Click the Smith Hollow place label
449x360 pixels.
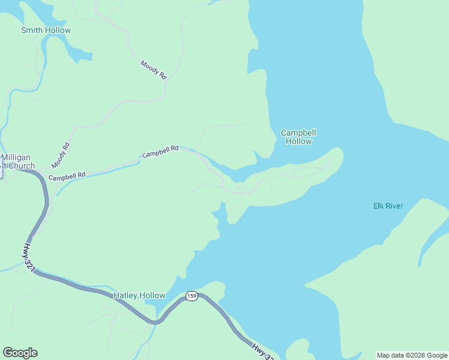pyautogui.click(x=46, y=30)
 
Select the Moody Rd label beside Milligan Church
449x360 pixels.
pyautogui.click(x=61, y=155)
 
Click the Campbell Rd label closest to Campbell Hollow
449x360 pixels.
pyautogui.click(x=160, y=151)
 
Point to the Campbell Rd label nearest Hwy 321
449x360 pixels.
pyautogui.click(x=67, y=176)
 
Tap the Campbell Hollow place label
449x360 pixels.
pyautogui.click(x=298, y=137)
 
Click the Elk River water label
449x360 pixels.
pyautogui.click(x=387, y=206)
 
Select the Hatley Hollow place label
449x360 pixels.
pyautogui.click(x=139, y=295)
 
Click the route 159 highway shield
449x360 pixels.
pyautogui.click(x=191, y=296)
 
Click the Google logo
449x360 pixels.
pyautogui.click(x=20, y=353)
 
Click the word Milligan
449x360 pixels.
pyautogui.click(x=16, y=157)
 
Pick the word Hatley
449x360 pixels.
pyautogui.click(x=125, y=295)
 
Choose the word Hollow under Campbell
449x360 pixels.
pyautogui.click(x=298, y=142)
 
